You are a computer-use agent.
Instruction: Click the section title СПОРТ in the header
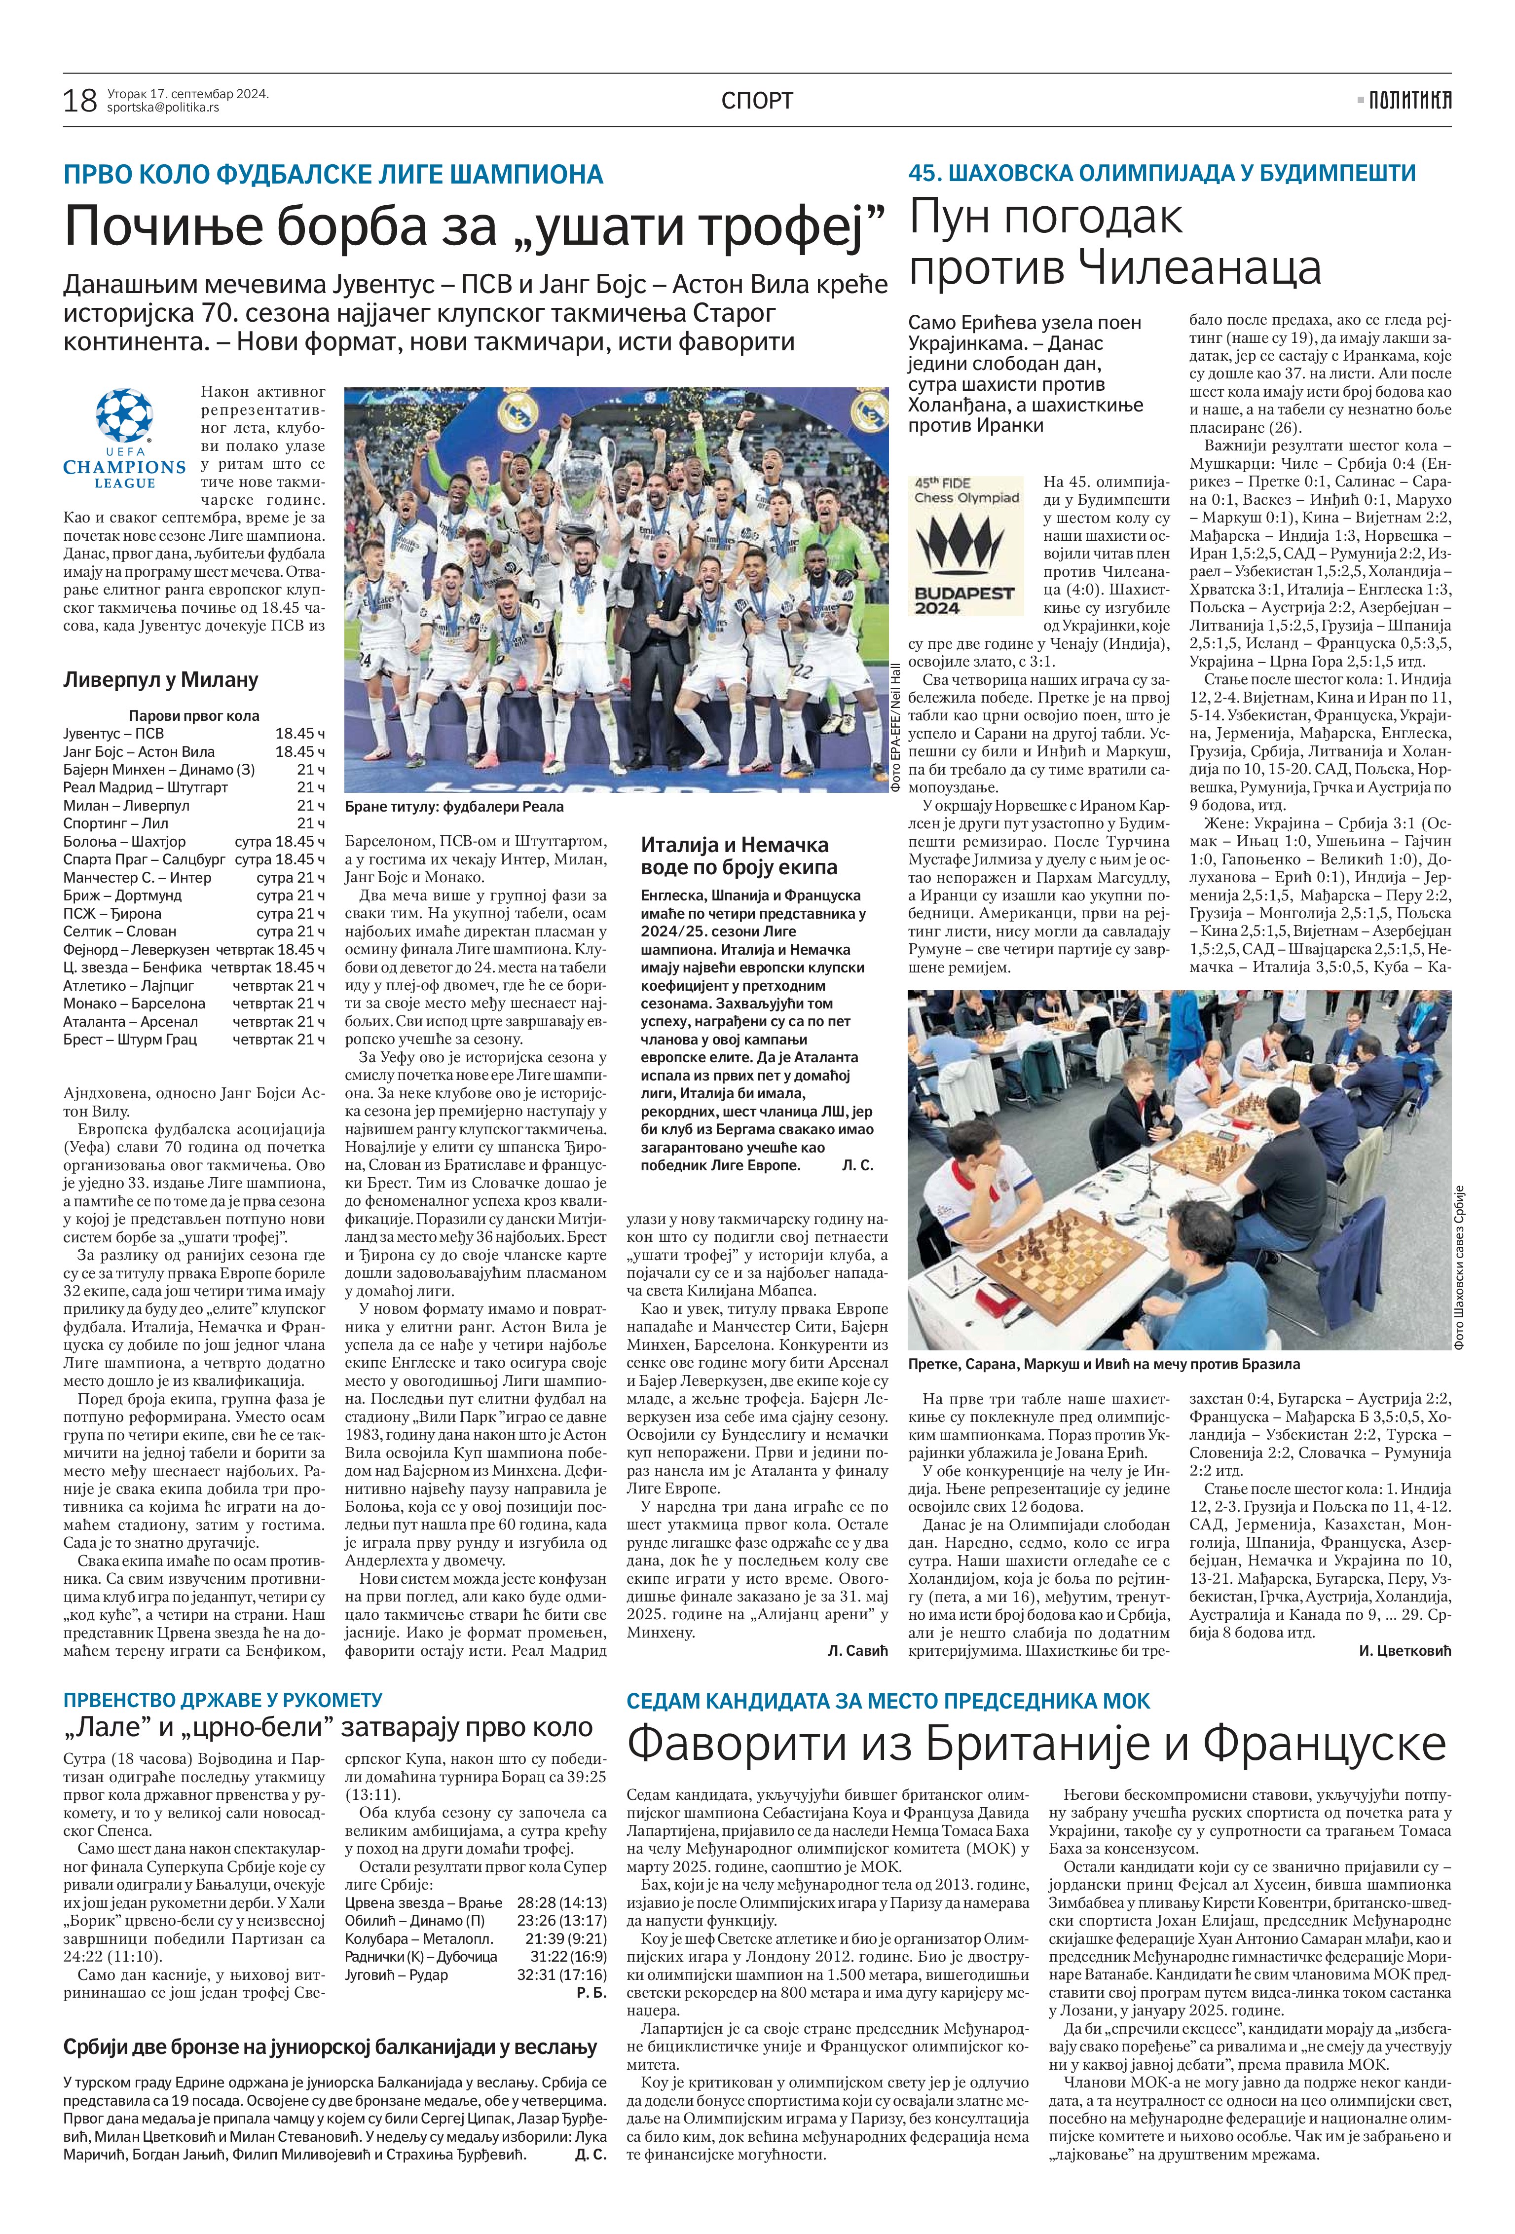[757, 100]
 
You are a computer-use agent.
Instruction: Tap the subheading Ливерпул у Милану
[160, 679]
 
